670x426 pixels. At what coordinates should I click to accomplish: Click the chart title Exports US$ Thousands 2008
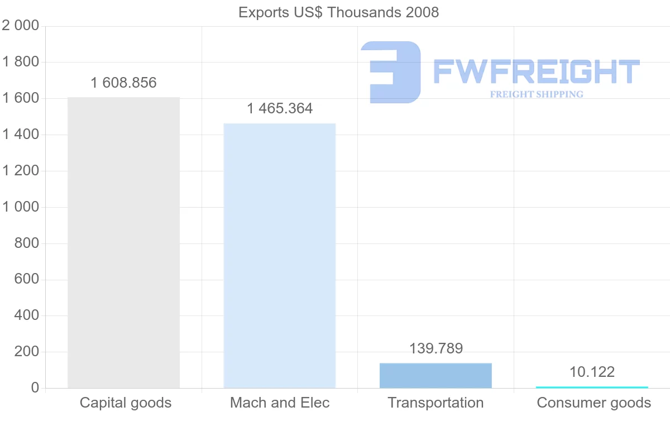pos(338,12)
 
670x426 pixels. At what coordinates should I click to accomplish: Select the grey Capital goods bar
pos(123,243)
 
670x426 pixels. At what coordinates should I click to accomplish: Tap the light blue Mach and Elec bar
pos(279,256)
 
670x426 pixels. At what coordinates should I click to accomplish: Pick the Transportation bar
pos(435,376)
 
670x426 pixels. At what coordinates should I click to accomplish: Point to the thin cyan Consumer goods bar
pos(592,387)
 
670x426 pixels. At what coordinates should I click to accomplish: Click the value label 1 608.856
pos(123,83)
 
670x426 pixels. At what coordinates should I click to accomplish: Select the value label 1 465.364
pos(280,108)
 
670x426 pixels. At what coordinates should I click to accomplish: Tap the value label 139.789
pos(436,348)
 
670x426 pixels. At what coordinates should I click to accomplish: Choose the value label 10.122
pos(592,372)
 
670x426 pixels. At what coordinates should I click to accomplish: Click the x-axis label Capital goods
pos(126,403)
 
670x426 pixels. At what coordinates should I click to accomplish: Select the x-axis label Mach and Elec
pos(280,403)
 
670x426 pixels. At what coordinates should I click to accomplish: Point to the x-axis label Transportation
pos(435,403)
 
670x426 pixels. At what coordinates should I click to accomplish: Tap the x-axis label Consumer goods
pos(594,403)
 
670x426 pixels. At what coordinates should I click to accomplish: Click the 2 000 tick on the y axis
pos(21,26)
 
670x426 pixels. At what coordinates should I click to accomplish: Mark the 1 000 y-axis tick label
pos(21,207)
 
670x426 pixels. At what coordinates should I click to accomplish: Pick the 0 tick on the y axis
pos(35,388)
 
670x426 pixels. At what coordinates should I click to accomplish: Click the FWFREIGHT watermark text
pos(536,71)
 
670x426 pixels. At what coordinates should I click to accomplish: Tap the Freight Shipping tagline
pos(537,94)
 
